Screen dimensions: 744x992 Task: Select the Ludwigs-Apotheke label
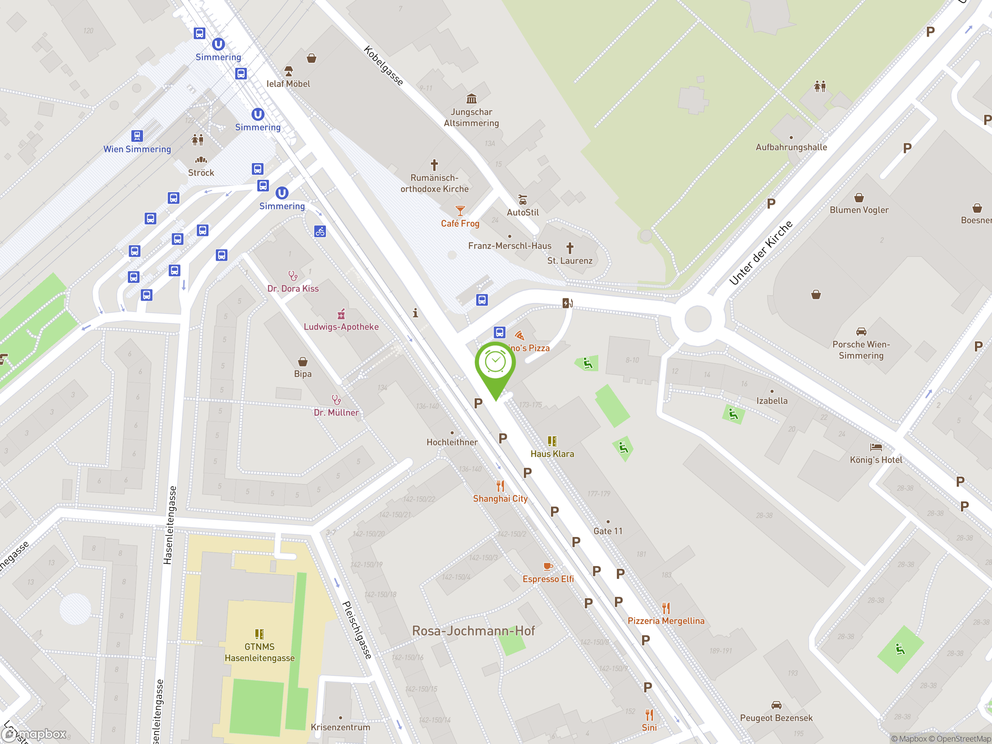coord(341,327)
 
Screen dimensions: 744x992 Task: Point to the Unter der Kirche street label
coord(761,253)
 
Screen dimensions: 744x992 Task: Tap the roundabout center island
coord(697,319)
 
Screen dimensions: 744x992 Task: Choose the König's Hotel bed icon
coord(875,447)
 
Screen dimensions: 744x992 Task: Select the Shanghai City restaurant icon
coord(500,486)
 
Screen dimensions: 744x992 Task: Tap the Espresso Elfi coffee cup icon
coord(547,567)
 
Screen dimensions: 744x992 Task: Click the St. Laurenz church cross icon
coord(570,248)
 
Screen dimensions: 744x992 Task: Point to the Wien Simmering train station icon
coord(137,136)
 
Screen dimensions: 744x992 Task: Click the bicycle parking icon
coord(320,231)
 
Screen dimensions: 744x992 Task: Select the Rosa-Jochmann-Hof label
coord(473,631)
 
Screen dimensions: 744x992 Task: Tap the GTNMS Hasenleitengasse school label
coord(259,652)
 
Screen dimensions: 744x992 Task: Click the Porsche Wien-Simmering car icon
coord(861,332)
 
